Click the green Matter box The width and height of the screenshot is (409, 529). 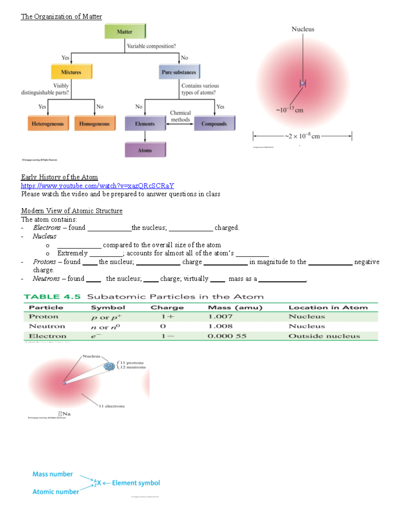click(x=125, y=31)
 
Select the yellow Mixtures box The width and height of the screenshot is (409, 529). click(x=71, y=72)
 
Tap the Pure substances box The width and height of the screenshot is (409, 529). click(x=179, y=72)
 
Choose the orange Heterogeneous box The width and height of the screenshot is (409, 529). click(x=48, y=123)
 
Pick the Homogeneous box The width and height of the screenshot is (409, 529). click(x=94, y=123)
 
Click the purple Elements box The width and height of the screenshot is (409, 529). click(x=145, y=123)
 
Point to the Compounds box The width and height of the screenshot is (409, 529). click(x=214, y=123)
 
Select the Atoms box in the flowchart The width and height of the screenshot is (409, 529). click(x=145, y=150)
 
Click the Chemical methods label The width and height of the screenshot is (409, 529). click(x=180, y=116)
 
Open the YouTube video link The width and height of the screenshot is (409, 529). click(x=97, y=186)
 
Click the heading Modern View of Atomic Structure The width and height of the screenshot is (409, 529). click(x=72, y=211)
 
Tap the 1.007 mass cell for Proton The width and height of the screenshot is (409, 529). click(x=220, y=316)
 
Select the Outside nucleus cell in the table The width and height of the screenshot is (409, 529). click(x=324, y=336)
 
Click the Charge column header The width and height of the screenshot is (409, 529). click(x=167, y=308)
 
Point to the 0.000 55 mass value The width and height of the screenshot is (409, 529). click(x=227, y=336)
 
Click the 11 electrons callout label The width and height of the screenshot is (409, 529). click(x=112, y=406)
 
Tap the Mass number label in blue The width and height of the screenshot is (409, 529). click(x=52, y=474)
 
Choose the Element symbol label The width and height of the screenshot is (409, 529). click(x=136, y=483)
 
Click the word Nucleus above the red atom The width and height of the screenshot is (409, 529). click(x=303, y=29)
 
